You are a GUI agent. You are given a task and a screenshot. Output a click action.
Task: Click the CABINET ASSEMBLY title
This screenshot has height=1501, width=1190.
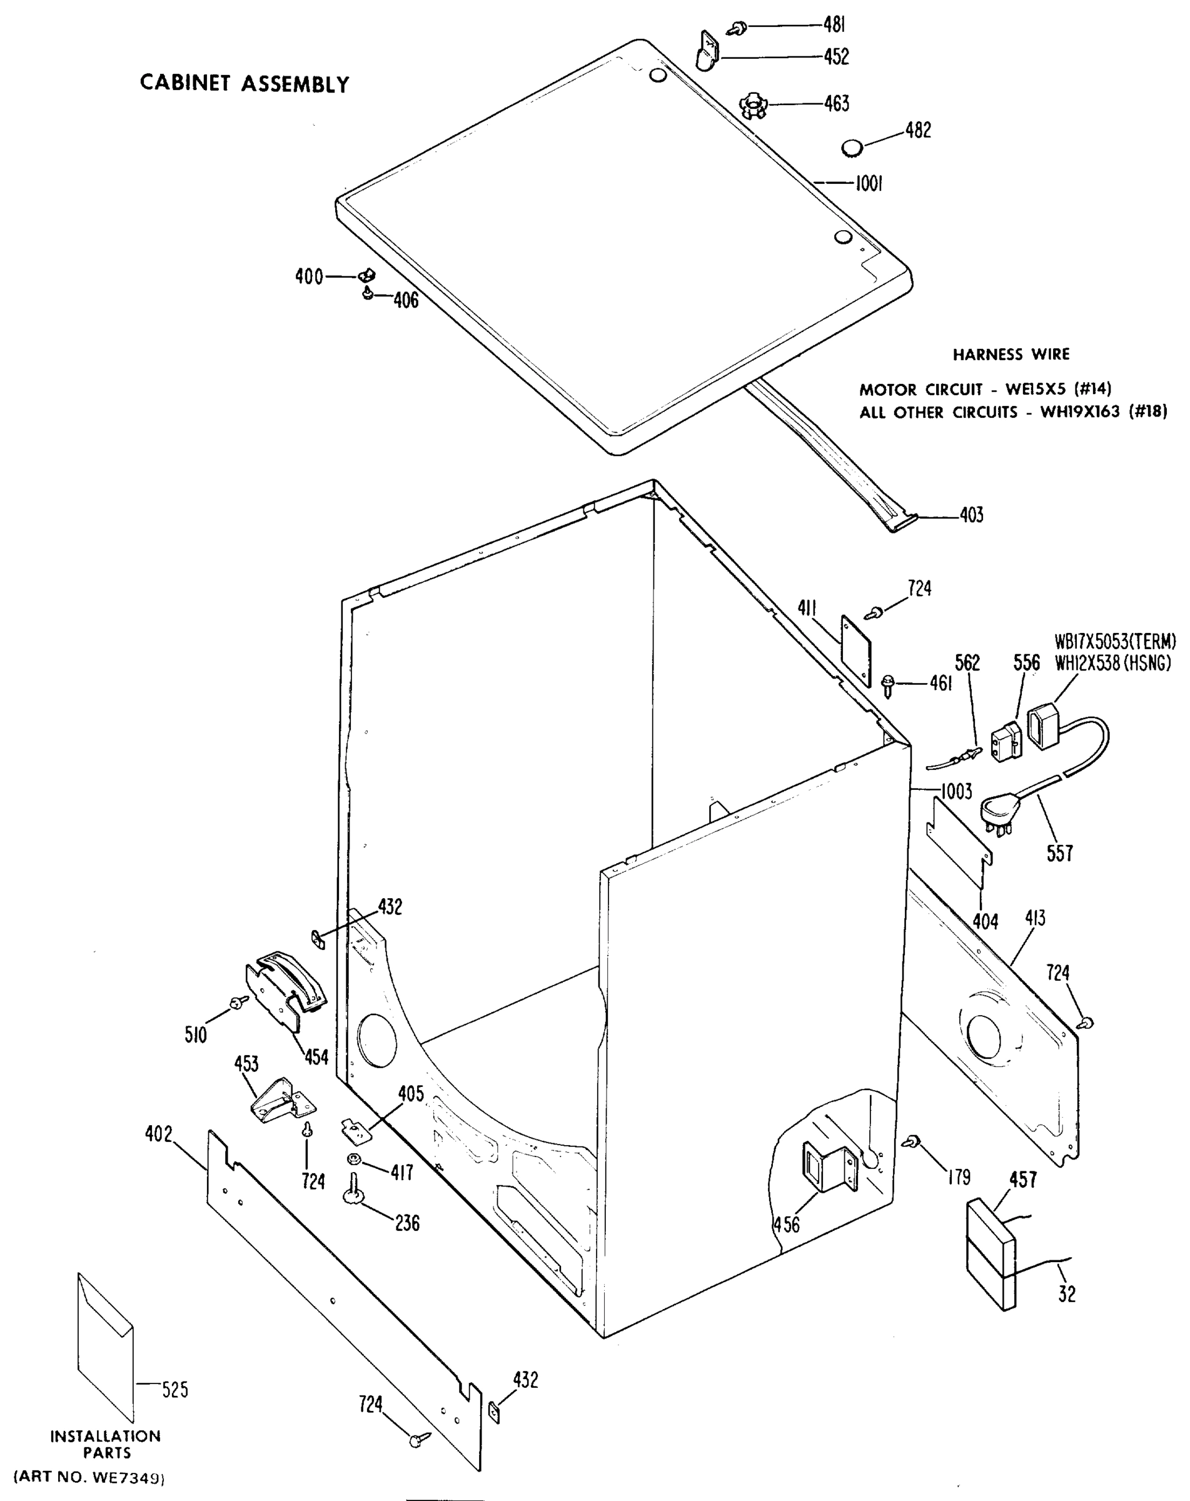(x=245, y=84)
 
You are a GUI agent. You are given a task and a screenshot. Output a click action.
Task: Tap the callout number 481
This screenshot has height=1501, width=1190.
(x=834, y=25)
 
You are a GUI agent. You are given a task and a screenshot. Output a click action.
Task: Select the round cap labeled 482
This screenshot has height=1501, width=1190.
(x=851, y=148)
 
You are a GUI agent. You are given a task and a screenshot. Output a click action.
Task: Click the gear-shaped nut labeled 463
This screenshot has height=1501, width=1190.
(x=752, y=105)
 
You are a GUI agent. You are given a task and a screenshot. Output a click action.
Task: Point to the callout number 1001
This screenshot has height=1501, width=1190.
(x=869, y=184)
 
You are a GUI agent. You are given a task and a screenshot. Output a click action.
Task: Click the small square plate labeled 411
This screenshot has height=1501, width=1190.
(x=856, y=651)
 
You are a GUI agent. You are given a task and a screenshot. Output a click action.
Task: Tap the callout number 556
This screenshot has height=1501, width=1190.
(x=1026, y=663)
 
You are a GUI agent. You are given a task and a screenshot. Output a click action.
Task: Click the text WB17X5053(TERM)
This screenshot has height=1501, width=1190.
(x=1115, y=641)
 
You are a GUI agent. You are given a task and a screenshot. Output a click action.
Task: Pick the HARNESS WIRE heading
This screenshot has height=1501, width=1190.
(x=1011, y=355)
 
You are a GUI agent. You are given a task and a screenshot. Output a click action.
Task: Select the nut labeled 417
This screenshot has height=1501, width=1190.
(x=353, y=1159)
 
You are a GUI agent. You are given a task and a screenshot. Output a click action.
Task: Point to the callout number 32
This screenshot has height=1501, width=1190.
(x=1066, y=1293)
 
